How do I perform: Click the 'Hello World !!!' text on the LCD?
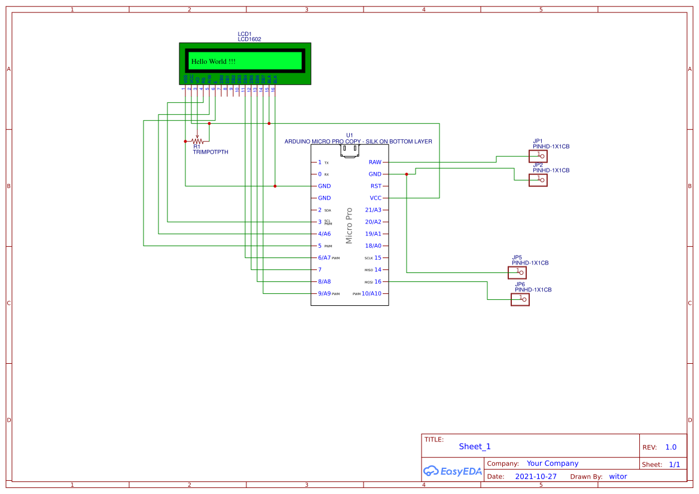[x=213, y=62]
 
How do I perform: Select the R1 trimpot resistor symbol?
[x=197, y=141]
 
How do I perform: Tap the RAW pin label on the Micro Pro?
[x=375, y=162]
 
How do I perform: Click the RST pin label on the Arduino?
[x=376, y=186]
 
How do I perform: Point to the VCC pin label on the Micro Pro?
[x=376, y=198]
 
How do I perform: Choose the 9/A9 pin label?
[x=325, y=294]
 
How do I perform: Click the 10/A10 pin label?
[x=375, y=294]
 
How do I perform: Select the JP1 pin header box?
[x=538, y=156]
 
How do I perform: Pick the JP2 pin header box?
[x=538, y=180]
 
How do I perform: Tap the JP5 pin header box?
[x=517, y=272]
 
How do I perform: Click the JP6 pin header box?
[x=520, y=299]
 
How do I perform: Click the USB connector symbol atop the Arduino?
[x=350, y=151]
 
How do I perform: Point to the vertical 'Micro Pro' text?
[x=349, y=225]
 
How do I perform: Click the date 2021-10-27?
[x=536, y=477]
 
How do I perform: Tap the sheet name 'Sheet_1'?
[x=475, y=446]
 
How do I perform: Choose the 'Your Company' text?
[x=553, y=464]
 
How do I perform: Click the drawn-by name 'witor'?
[x=618, y=477]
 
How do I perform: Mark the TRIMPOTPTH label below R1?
[x=210, y=152]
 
